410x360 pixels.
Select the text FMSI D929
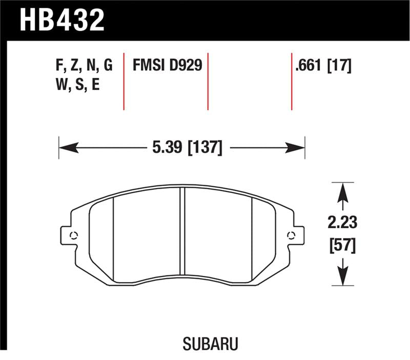click(x=168, y=66)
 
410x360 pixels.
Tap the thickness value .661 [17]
click(x=323, y=66)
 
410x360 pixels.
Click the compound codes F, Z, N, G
click(x=83, y=66)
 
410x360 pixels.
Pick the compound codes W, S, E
click(x=77, y=85)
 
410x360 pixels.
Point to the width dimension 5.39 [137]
click(x=186, y=149)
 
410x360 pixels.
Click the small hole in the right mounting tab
click(x=292, y=235)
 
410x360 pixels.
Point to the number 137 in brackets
click(x=206, y=149)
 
